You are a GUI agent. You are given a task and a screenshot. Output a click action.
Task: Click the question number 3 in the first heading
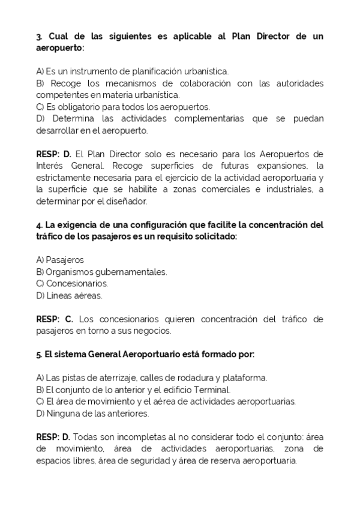point(38,36)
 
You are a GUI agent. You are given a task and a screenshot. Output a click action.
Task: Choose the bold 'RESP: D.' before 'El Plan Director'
point(53,154)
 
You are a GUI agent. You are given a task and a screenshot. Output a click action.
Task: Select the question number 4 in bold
point(38,225)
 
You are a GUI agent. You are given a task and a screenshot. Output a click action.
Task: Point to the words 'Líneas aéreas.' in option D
point(74,295)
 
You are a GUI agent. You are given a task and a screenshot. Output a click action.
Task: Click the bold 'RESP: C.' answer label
point(54,319)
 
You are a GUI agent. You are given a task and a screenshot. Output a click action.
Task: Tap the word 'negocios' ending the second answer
point(153,331)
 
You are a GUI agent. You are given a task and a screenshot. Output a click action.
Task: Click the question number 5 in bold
point(38,354)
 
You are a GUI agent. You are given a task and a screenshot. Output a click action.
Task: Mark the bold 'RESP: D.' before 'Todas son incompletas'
point(53,437)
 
